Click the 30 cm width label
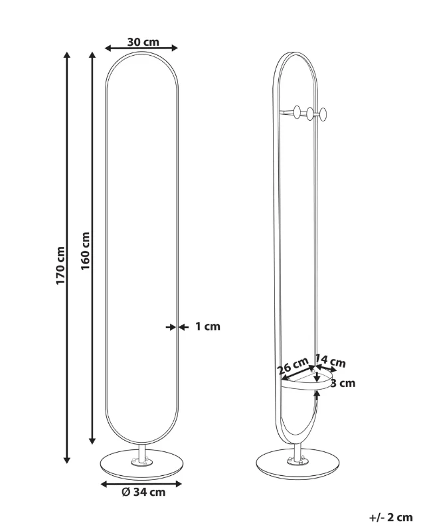[143, 42]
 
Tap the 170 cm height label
[60, 265]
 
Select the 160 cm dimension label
[85, 251]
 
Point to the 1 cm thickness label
[208, 327]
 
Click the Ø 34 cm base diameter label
[143, 492]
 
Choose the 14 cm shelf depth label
[331, 361]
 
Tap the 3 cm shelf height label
[343, 384]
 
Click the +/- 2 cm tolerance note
[390, 518]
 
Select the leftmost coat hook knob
[297, 112]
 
